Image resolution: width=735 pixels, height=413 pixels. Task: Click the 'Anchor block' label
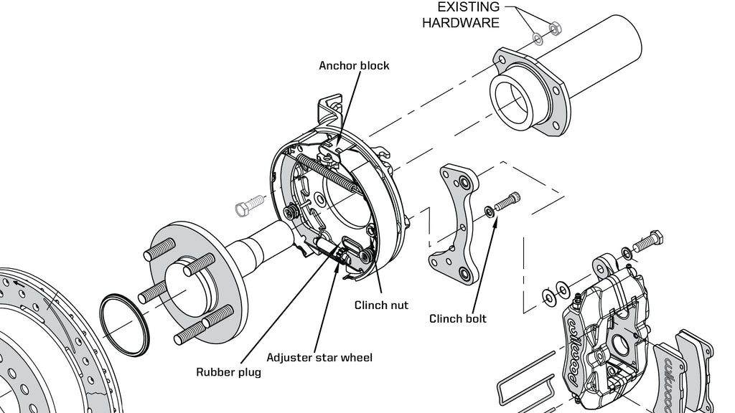click(354, 65)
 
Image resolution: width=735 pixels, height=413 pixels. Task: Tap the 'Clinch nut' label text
click(381, 305)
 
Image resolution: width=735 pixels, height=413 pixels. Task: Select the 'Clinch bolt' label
click(457, 318)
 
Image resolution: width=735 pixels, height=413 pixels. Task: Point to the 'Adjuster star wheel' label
click(319, 356)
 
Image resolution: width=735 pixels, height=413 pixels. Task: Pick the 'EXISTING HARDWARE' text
click(460, 15)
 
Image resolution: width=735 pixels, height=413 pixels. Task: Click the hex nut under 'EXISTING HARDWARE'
click(554, 29)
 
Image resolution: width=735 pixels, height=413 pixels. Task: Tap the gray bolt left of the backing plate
click(246, 209)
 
